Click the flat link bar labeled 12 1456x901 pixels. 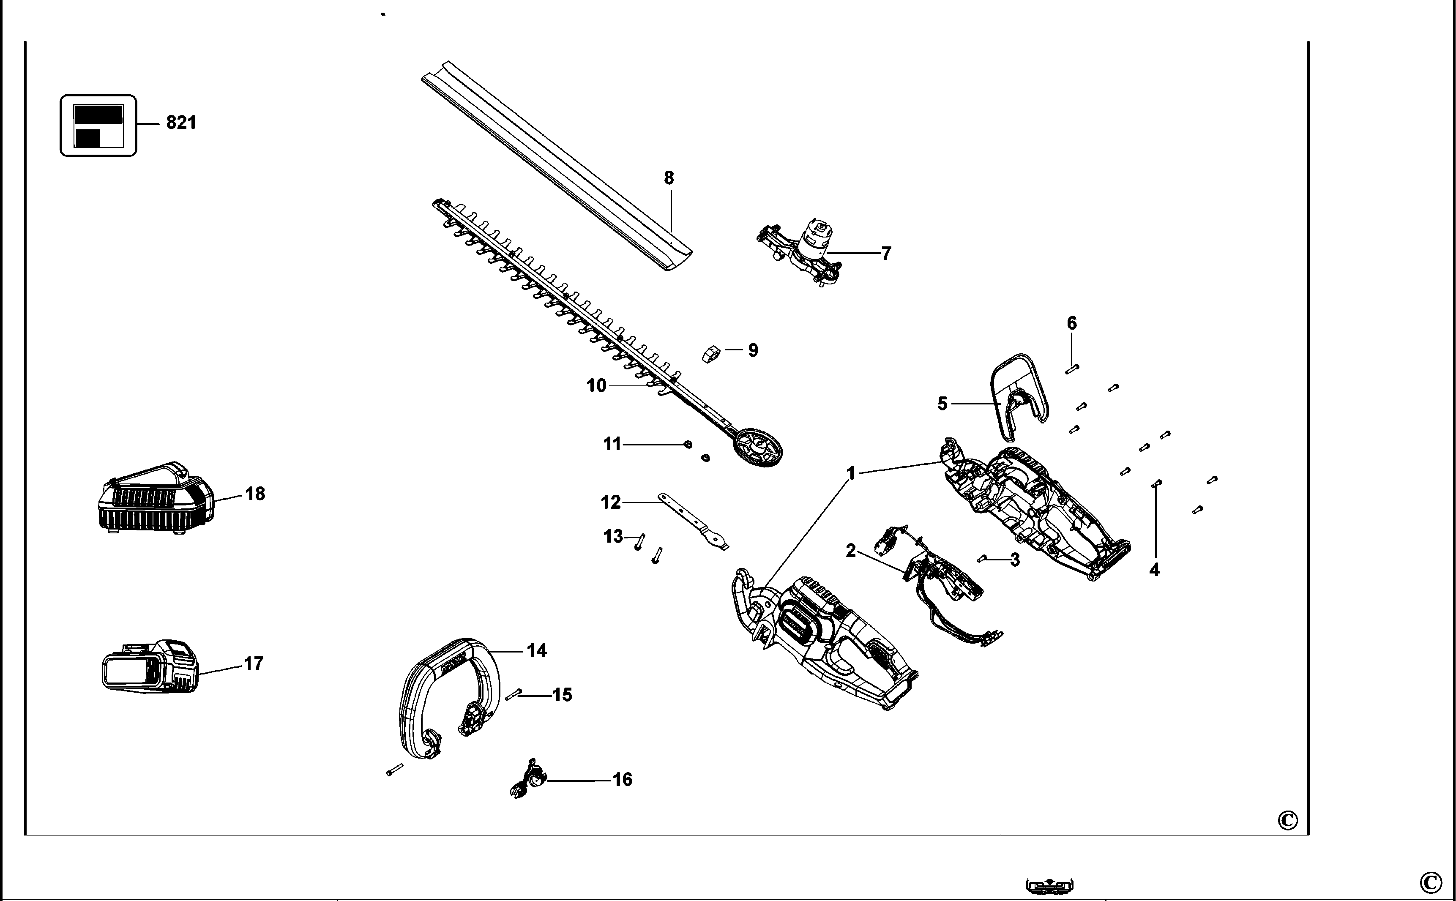point(692,522)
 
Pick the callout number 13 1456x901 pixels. point(613,537)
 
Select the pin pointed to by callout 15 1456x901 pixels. point(513,695)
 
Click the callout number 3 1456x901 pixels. point(1014,560)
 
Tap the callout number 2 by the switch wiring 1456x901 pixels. point(850,551)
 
